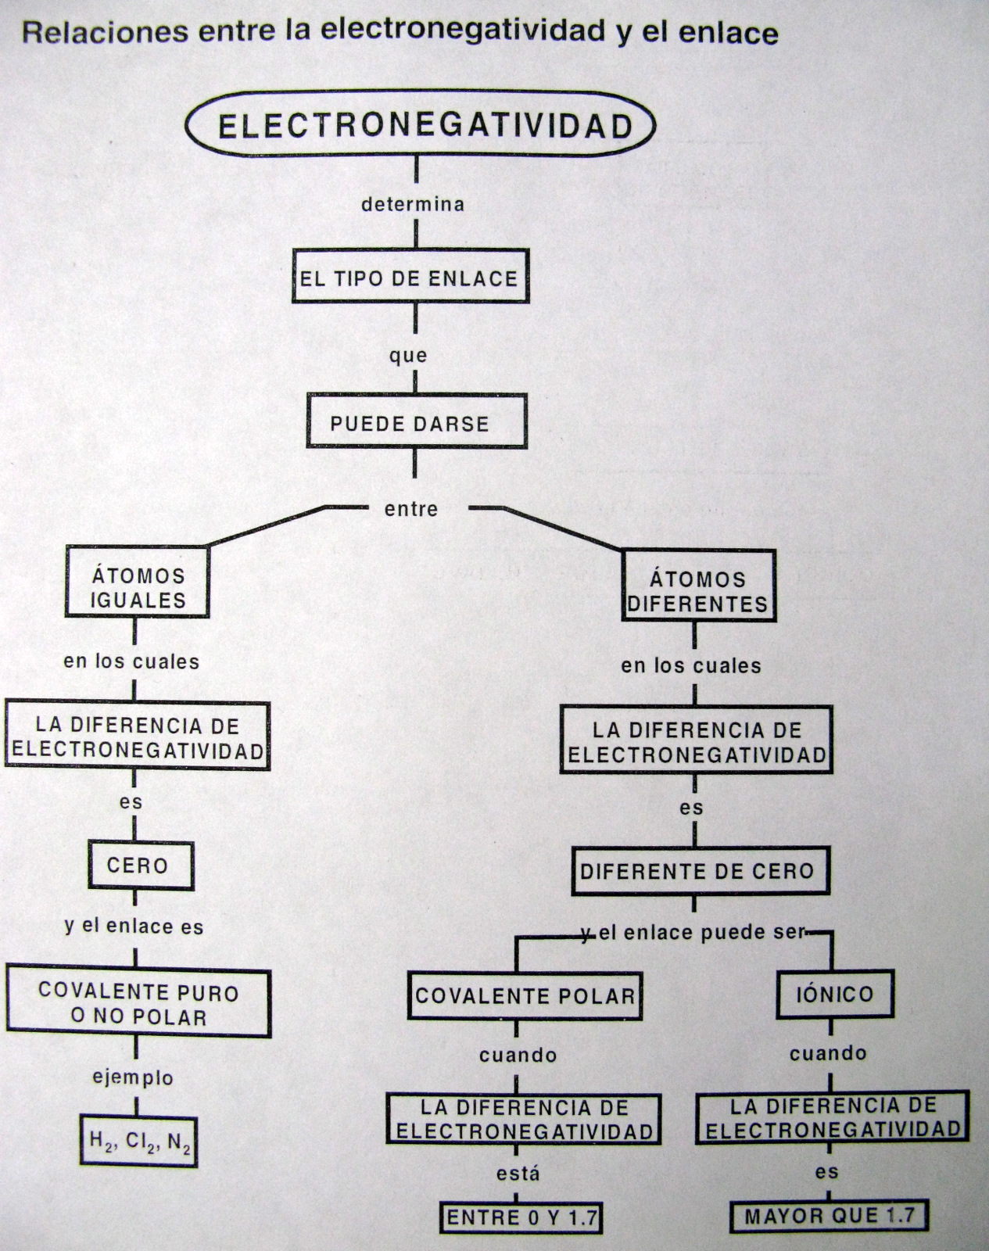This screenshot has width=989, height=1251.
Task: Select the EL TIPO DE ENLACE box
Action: [410, 278]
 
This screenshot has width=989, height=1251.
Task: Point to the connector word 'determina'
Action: [413, 205]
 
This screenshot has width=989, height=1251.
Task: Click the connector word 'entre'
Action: [411, 509]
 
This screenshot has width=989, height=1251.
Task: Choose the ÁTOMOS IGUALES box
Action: [138, 588]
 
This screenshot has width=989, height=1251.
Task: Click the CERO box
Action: [138, 866]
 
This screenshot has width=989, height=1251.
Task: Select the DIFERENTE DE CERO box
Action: [697, 871]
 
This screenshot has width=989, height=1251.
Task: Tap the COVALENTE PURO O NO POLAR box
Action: [138, 1005]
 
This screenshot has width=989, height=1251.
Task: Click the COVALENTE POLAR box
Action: [525, 995]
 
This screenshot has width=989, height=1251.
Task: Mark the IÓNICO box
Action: [834, 995]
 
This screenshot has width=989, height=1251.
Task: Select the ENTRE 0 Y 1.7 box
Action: [521, 1217]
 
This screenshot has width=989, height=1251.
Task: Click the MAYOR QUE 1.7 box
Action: [830, 1216]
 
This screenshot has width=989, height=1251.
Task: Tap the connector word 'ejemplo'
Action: [133, 1078]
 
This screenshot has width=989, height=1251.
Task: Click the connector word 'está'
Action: [518, 1174]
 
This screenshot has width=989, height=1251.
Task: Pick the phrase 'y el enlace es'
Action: [134, 927]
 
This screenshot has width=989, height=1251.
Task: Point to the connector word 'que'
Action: [408, 356]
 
